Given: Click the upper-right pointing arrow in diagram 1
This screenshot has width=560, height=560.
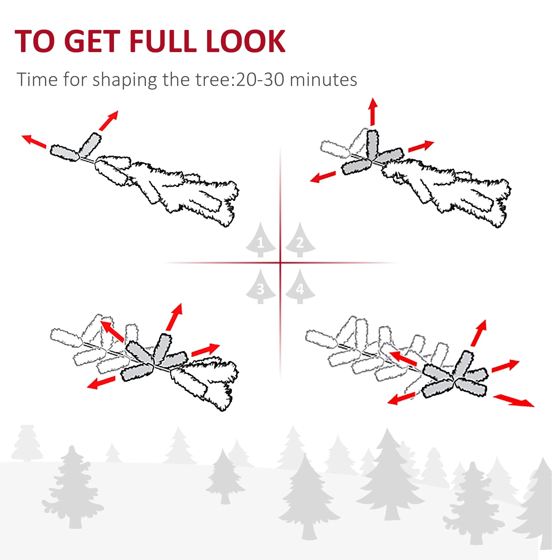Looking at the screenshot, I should (109, 120).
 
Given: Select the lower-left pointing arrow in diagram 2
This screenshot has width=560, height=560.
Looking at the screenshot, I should (323, 177).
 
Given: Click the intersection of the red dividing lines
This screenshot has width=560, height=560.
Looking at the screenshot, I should (280, 263).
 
